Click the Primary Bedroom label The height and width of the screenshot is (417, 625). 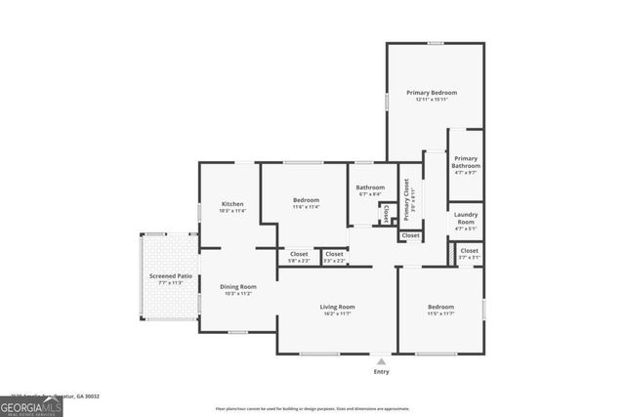point(436,93)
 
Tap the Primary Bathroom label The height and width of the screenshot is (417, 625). point(465,162)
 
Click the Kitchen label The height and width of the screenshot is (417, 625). point(231,204)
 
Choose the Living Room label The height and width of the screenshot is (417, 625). point(338,307)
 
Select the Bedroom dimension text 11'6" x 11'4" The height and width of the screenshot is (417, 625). point(306,207)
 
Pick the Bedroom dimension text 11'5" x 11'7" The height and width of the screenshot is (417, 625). point(440,313)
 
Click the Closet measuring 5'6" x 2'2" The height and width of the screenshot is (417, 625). point(299,257)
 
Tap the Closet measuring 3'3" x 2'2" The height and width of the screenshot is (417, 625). point(334,257)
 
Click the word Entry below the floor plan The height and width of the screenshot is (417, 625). point(381,372)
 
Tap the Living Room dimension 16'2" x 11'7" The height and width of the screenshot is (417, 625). point(338,313)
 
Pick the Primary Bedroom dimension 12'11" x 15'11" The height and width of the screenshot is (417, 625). point(436,100)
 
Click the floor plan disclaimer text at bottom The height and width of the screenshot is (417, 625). point(312,408)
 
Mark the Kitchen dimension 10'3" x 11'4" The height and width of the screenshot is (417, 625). point(231,211)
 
